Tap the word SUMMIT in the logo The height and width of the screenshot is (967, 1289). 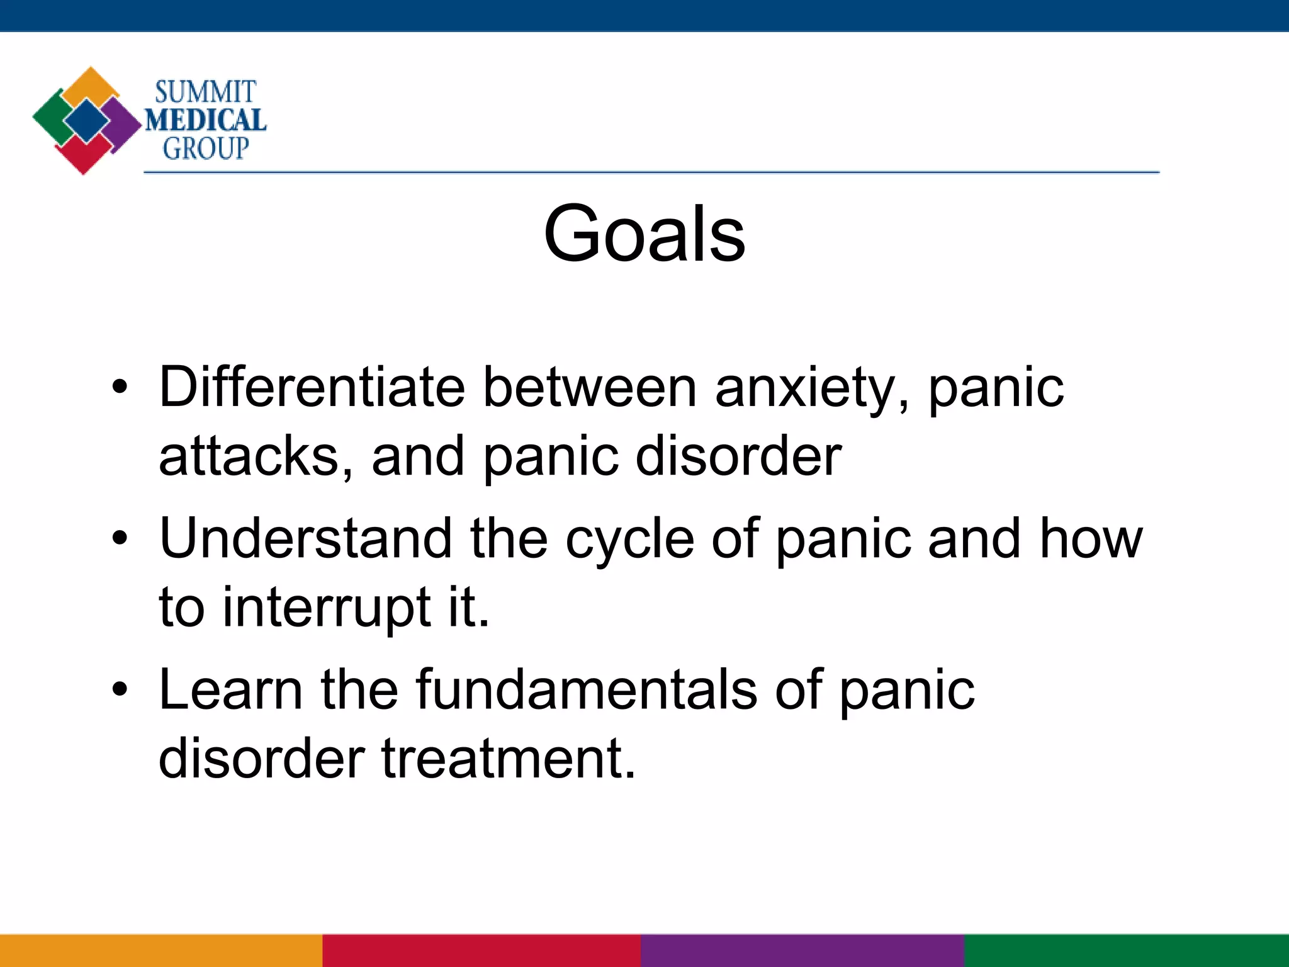(205, 92)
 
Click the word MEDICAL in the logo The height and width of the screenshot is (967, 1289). (206, 120)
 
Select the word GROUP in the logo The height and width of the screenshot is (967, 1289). (206, 149)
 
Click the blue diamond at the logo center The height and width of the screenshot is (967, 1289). (87, 120)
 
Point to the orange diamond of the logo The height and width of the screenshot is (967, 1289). (91, 85)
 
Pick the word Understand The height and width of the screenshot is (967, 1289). (305, 538)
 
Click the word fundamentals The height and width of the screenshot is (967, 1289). (586, 690)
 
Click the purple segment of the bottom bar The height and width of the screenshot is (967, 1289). (802, 951)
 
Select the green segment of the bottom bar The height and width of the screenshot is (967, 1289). (1127, 951)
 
